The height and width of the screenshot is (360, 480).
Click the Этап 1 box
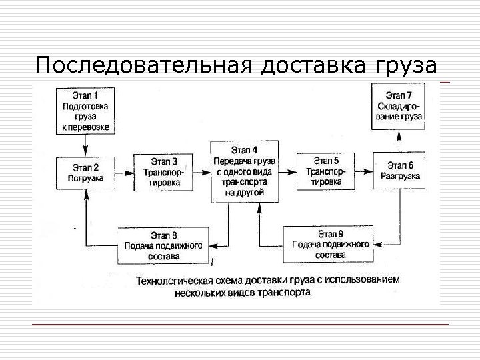tap(85, 110)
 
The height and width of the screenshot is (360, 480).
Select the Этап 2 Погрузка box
tap(85, 173)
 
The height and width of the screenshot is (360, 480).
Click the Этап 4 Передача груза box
tap(243, 171)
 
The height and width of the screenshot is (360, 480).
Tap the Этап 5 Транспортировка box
tap(325, 171)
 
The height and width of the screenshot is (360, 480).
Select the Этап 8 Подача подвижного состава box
tap(163, 245)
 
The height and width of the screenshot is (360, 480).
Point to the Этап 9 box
tap(330, 244)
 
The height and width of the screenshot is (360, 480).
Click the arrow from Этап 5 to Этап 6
tap(363, 171)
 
